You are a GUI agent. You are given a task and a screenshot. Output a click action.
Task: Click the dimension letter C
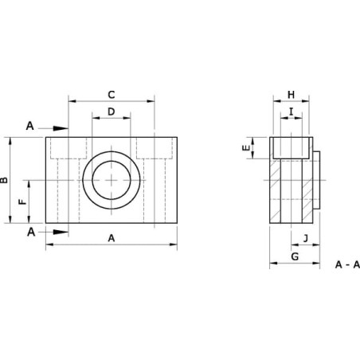(x=112, y=95)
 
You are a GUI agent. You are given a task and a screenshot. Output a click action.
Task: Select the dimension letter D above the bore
(x=112, y=112)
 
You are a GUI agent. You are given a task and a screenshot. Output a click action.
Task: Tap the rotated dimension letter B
(x=4, y=180)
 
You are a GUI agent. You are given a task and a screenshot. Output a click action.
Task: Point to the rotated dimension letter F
(x=23, y=202)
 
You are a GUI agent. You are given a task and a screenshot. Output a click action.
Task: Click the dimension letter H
(x=292, y=95)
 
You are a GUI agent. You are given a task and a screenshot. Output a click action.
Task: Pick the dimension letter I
(x=292, y=112)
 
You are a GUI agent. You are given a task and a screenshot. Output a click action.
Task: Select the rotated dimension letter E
(x=246, y=147)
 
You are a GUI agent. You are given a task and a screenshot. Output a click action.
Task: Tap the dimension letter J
(x=306, y=238)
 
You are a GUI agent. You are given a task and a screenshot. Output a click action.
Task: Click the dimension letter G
(x=295, y=256)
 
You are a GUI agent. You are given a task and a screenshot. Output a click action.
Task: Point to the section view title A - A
(x=347, y=264)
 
